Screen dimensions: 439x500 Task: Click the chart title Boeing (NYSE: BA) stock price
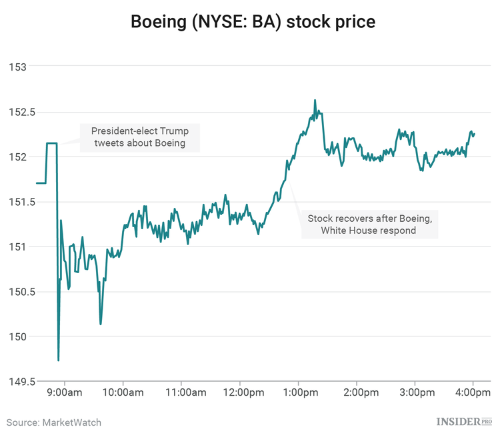253,22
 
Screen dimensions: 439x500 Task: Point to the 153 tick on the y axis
17,67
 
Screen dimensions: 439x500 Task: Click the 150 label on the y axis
17,336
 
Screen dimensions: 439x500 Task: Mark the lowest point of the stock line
59,360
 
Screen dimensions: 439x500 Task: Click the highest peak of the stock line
315,101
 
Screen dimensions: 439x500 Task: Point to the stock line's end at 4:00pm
474,134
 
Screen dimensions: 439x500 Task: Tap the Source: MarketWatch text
54,422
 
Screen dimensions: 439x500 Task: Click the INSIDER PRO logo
464,422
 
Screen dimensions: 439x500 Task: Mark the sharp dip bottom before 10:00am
101,324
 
